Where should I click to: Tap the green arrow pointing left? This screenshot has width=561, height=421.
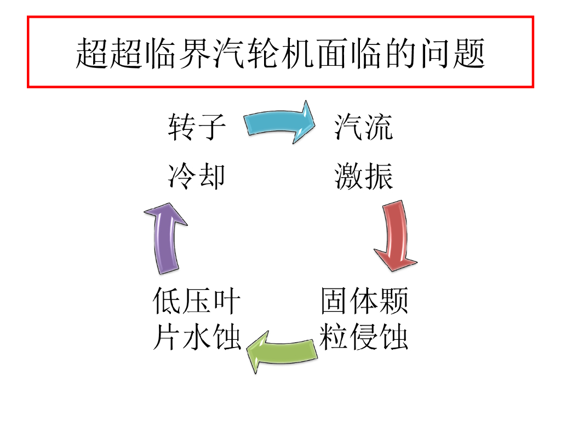282,351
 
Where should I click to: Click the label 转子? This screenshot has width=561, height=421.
197,127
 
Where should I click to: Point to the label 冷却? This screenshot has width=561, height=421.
197,177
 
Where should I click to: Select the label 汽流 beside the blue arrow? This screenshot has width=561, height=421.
364,127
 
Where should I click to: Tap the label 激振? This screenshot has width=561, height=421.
364,177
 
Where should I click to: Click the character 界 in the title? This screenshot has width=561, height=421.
194,53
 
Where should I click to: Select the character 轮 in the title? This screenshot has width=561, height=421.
263,53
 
